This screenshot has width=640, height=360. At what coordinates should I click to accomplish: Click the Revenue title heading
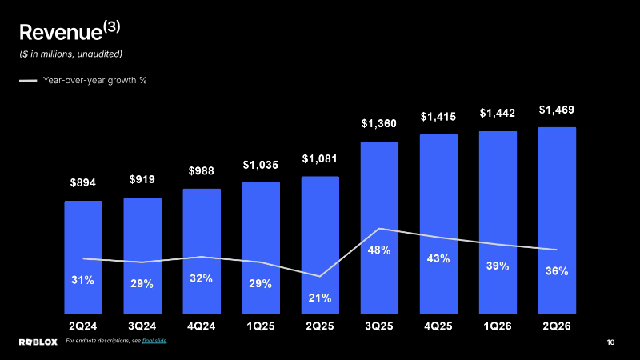pos(70,31)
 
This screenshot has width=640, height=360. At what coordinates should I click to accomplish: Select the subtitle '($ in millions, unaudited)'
pos(70,54)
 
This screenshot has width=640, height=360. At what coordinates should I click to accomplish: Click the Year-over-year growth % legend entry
pos(83,81)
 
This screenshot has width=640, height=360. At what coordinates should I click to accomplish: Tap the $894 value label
pos(83,182)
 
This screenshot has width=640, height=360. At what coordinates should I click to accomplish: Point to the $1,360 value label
pos(378,123)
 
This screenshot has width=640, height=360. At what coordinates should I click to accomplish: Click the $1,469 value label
pos(557,110)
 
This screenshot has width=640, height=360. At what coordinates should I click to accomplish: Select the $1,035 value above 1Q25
pos(261,165)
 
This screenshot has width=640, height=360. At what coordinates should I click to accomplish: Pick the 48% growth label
pos(379,250)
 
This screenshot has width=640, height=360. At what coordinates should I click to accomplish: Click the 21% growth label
pos(319,298)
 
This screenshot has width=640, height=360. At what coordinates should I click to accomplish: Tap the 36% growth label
pos(557,271)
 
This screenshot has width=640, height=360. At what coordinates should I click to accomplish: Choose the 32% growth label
pos(202,278)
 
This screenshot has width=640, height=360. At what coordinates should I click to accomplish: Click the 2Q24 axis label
pos(83,326)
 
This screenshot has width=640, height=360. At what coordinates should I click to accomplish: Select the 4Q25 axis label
pos(438,326)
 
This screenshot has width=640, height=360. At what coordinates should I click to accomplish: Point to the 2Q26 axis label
pos(557,326)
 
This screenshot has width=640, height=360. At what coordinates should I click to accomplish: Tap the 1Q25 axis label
pos(261,326)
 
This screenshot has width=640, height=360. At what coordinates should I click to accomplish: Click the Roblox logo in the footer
pos(38,342)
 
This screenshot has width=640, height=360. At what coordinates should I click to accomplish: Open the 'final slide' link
pos(154,341)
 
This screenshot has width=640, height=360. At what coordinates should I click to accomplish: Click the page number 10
pos(610,342)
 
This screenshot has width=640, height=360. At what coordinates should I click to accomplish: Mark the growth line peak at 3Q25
pos(379,229)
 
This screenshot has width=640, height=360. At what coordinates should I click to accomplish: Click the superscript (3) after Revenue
pos(112,27)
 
